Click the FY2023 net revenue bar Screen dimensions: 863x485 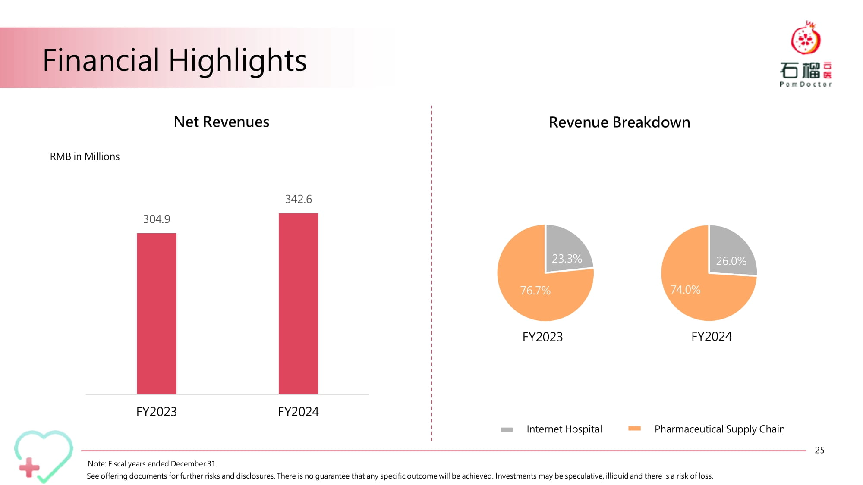point(157,313)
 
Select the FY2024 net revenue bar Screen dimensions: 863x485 point(298,304)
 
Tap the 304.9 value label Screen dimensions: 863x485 point(157,219)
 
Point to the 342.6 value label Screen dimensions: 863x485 point(299,199)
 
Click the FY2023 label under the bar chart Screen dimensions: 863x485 point(157,412)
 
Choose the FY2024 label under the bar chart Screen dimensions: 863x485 point(298,412)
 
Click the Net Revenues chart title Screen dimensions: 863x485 point(221,122)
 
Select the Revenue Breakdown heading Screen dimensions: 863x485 point(619,122)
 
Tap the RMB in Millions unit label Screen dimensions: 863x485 point(85,156)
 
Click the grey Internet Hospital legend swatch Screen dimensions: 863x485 point(507,429)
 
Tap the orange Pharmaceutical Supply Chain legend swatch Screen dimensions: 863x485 point(634,428)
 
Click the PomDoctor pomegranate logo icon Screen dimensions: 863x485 point(806,38)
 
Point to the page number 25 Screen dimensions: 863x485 point(819,450)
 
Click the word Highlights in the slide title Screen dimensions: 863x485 point(238,60)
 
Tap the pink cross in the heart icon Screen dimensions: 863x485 point(29,468)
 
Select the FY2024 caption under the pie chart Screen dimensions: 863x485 point(712,337)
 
